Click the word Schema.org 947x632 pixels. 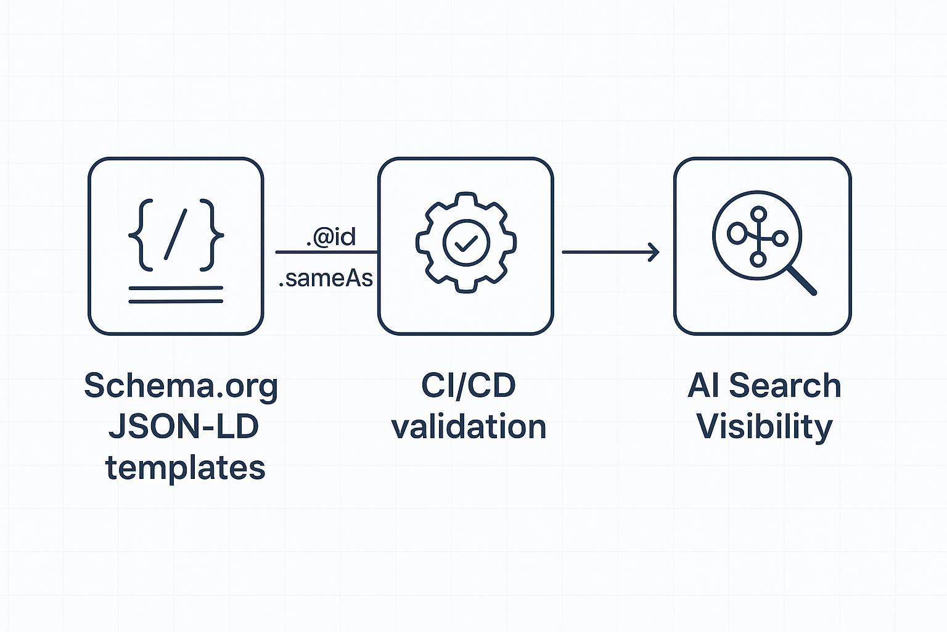click(x=181, y=386)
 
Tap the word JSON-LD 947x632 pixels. click(x=183, y=427)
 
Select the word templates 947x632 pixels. click(x=185, y=468)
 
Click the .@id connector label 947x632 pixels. click(x=331, y=238)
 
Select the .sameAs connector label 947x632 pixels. click(x=326, y=279)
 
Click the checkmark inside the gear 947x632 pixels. click(x=465, y=243)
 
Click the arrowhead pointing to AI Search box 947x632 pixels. click(x=655, y=252)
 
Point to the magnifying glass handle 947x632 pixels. click(x=802, y=281)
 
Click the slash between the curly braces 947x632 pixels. click(x=176, y=235)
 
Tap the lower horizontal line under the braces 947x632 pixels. click(x=176, y=301)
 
